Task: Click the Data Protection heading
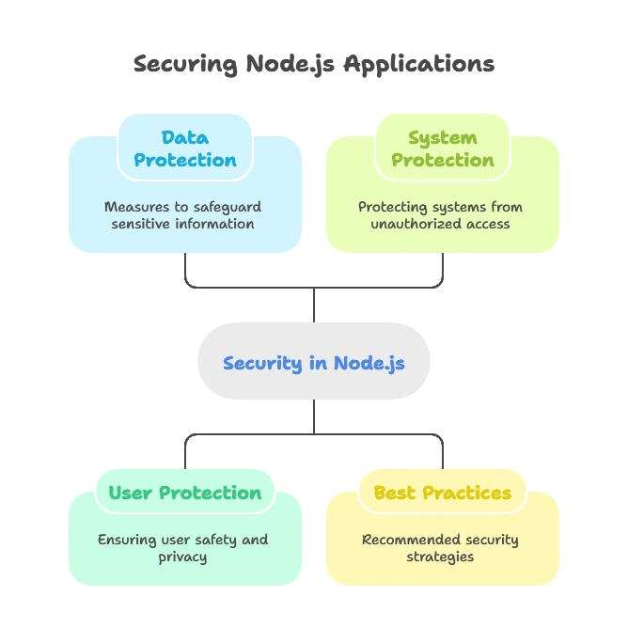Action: [x=184, y=149]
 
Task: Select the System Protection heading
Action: [x=442, y=149]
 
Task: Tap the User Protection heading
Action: [x=184, y=493]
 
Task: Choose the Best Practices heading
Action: [x=442, y=493]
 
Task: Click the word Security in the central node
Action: [x=262, y=363]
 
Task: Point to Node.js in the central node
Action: [x=369, y=363]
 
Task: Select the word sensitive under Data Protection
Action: [x=142, y=224]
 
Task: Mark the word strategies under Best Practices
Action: [x=440, y=557]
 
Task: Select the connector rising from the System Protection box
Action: [x=440, y=267]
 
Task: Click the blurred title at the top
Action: [x=312, y=65]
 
